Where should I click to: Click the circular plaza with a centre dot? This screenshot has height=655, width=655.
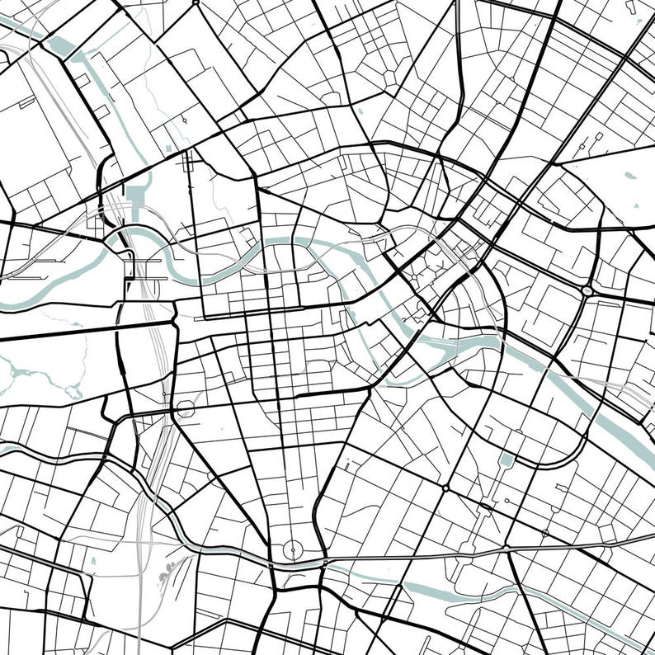coord(291,550)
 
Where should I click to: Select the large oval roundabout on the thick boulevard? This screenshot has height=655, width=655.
coord(587,290)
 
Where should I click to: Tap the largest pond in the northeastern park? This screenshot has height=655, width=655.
coord(629,176)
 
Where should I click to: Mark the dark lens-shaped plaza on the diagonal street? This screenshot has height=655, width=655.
coord(445,488)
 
